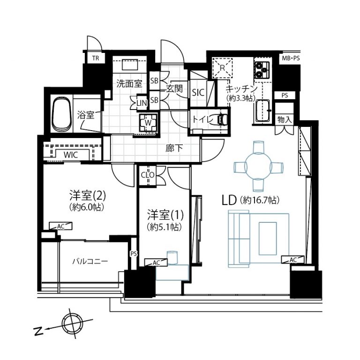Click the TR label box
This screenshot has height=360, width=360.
(96, 59)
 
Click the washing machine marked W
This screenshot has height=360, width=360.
(148, 123)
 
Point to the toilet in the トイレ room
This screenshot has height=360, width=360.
(221, 120)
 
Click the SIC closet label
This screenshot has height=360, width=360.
(198, 92)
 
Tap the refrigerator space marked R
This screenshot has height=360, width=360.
(222, 67)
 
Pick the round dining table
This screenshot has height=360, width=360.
(258, 166)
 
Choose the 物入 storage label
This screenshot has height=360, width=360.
(285, 120)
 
